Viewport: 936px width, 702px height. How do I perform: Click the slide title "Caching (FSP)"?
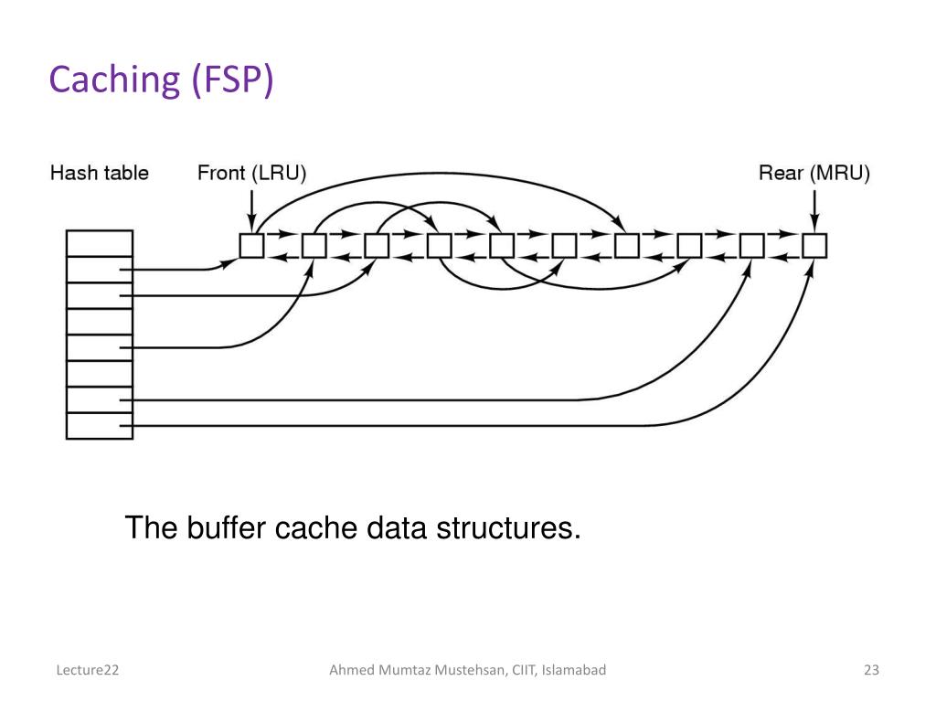pos(161,80)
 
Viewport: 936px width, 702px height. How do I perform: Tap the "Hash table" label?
pos(99,173)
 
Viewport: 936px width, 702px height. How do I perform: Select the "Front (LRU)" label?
pos(251,173)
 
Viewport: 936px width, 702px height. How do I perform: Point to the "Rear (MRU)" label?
pos(814,173)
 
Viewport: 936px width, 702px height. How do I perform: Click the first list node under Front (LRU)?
pos(251,246)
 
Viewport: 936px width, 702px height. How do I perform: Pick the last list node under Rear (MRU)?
pos(814,246)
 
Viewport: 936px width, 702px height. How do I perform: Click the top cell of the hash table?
pos(100,242)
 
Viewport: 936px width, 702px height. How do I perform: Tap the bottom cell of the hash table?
pos(100,426)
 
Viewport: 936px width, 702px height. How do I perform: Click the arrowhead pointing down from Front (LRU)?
pos(251,227)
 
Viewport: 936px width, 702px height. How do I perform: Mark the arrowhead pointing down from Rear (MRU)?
pos(814,227)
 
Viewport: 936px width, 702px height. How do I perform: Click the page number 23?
pos(870,671)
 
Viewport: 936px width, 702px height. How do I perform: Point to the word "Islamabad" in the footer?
pos(574,671)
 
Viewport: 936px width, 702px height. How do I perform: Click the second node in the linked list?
pos(314,246)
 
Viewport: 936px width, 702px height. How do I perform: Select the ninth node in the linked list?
pos(751,246)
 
